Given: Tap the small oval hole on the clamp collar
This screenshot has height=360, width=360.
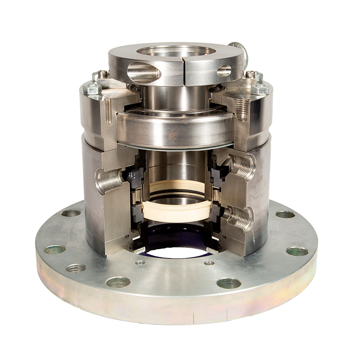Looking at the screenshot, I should (224, 71).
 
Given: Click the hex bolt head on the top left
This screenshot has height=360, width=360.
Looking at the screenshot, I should (93, 89).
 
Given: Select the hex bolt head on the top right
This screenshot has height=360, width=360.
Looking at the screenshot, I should (260, 89).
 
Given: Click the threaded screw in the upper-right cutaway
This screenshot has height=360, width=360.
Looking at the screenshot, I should (242, 109).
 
